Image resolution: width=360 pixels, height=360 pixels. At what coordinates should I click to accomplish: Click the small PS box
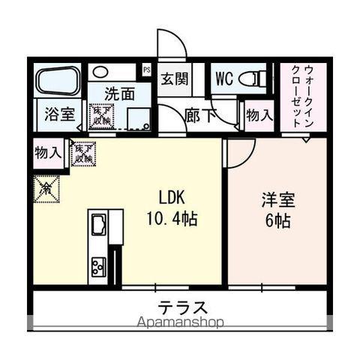pyautogui.click(x=148, y=70)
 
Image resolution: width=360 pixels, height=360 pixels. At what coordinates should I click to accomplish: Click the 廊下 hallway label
pyautogui.click(x=199, y=117)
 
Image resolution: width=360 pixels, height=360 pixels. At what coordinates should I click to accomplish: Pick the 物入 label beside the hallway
pyautogui.click(x=259, y=116)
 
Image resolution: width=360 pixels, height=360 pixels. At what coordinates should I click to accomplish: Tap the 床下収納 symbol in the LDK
pyautogui.click(x=82, y=153)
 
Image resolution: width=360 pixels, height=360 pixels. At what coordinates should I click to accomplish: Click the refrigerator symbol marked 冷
pyautogui.click(x=44, y=187)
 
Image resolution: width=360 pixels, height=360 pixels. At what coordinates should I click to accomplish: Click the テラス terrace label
pyautogui.click(x=182, y=307)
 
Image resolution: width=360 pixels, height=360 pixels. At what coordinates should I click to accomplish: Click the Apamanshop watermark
pyautogui.click(x=180, y=322)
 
